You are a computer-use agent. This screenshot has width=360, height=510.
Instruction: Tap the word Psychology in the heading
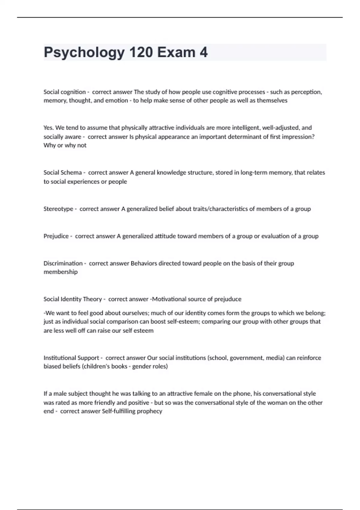point(84,53)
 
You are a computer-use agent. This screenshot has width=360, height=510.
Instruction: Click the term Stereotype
point(58,209)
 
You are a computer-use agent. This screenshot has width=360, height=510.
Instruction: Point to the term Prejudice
point(56,236)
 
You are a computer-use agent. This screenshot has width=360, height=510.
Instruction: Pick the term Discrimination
point(63,263)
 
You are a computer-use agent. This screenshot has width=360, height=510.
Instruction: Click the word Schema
point(71,172)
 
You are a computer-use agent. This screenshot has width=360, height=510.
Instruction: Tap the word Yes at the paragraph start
point(48,128)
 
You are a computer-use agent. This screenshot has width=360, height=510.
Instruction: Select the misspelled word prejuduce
point(228,299)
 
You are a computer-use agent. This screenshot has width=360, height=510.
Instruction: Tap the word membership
point(61,272)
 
